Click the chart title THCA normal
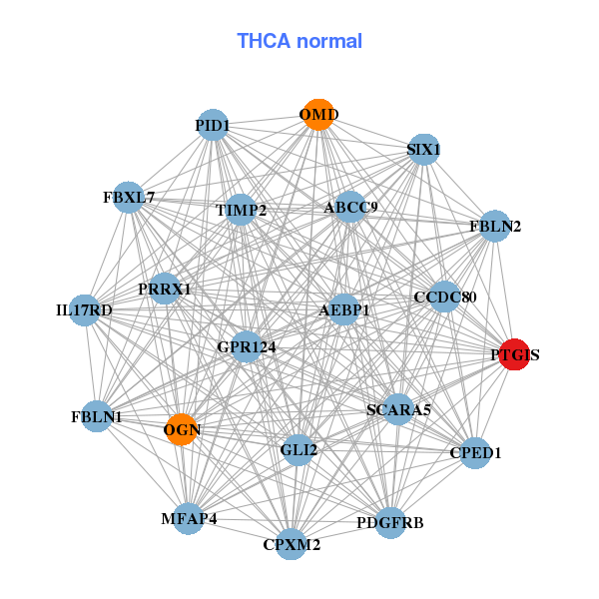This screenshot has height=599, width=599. tap(299, 41)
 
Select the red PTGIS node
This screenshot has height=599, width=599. tap(513, 354)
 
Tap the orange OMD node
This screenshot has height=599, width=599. tap(317, 115)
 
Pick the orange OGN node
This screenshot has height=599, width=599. tap(182, 429)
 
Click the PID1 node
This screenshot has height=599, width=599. tap(213, 125)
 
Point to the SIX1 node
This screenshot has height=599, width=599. tap(423, 150)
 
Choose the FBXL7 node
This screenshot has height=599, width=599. tap(129, 197)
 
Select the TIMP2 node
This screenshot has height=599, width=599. tap(241, 210)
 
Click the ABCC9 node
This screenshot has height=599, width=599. tap(350, 208)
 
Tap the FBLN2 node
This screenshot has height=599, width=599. tap(495, 226)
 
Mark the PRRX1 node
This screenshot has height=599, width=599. tap(165, 289)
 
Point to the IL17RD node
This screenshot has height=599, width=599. tap(85, 310)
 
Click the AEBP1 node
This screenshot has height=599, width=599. tap(344, 310)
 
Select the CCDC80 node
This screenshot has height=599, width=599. tap(444, 297)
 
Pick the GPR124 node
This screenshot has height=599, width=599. tap(247, 346)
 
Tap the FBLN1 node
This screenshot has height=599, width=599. tap(97, 416)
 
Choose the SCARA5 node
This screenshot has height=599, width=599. tap(397, 408)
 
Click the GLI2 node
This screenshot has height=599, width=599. tap(299, 450)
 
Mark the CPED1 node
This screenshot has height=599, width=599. tap(475, 453)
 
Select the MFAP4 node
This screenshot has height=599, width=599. tap(189, 519)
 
